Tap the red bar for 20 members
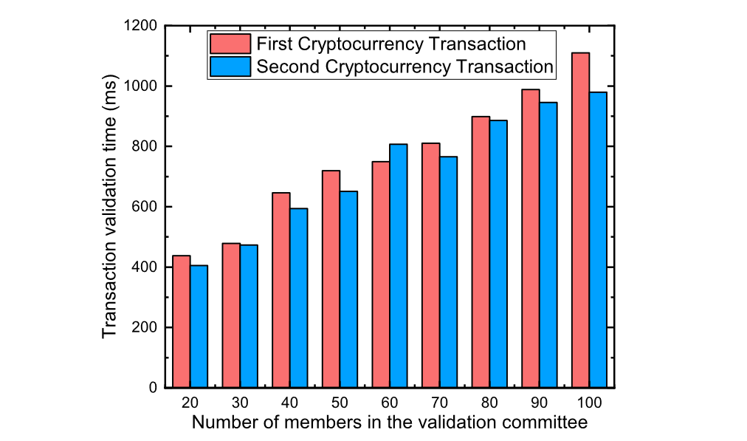[182, 321]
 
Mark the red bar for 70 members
[431, 265]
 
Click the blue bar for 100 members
[598, 239]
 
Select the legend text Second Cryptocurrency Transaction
[405, 66]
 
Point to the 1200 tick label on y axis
[141, 27]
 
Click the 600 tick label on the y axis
[145, 207]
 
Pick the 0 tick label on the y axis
[153, 388]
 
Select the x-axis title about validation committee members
[390, 423]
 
